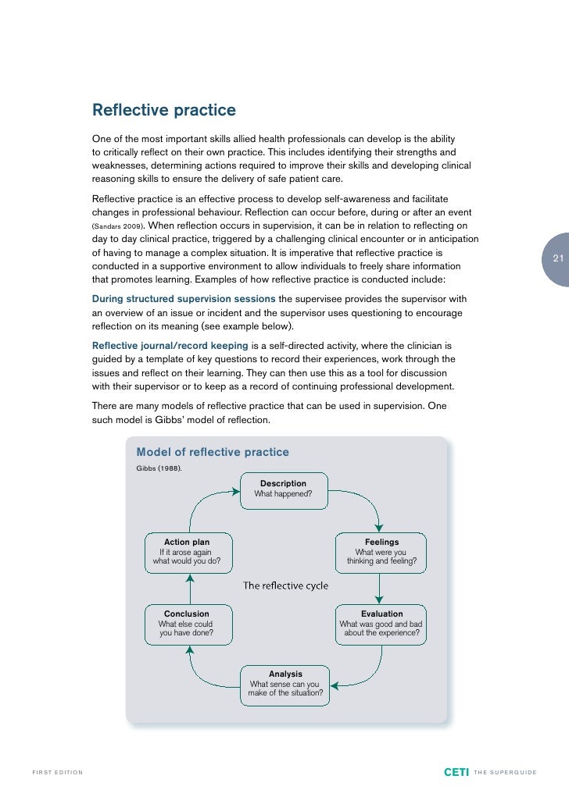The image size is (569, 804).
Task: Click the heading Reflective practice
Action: [164, 111]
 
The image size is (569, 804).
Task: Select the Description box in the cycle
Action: [283, 489]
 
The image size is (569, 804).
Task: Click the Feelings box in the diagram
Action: [381, 551]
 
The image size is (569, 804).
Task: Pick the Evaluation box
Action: [381, 624]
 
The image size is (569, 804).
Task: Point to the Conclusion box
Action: [187, 624]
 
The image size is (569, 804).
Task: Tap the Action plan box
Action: [187, 551]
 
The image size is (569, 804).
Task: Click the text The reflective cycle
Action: [285, 585]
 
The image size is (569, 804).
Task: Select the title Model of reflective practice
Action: [213, 452]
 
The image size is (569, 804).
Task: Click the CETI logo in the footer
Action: [456, 773]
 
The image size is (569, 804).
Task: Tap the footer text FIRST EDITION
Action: [57, 773]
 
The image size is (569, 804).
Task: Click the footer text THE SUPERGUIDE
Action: [505, 773]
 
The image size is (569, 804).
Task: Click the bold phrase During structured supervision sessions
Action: [184, 299]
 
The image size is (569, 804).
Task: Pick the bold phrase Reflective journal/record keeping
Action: [170, 345]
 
